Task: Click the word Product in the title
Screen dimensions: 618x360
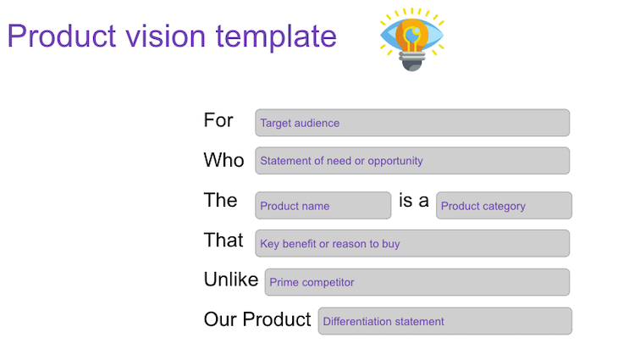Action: click(62, 36)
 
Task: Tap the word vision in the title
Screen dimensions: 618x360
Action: click(166, 36)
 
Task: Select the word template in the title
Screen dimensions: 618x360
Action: click(276, 37)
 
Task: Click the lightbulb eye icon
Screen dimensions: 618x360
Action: click(412, 40)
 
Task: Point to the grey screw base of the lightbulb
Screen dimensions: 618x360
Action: click(412, 62)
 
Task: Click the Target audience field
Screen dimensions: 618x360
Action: click(412, 123)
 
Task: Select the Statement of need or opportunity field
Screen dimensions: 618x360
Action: click(412, 161)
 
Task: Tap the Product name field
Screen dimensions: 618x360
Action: click(323, 206)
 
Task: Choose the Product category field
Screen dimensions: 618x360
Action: click(504, 206)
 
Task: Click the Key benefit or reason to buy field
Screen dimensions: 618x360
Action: click(412, 244)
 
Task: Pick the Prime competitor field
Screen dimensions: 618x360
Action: click(417, 282)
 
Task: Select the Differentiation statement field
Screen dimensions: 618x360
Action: click(445, 321)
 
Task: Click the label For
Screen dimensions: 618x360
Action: click(218, 120)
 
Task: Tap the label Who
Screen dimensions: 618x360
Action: click(223, 160)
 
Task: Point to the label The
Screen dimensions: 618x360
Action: click(220, 200)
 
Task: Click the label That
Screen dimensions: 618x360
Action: click(223, 240)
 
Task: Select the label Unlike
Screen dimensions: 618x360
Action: click(231, 280)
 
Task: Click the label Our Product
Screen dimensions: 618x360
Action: click(257, 319)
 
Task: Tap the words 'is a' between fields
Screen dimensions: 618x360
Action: click(413, 200)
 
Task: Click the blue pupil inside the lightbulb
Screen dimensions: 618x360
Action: click(412, 35)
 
